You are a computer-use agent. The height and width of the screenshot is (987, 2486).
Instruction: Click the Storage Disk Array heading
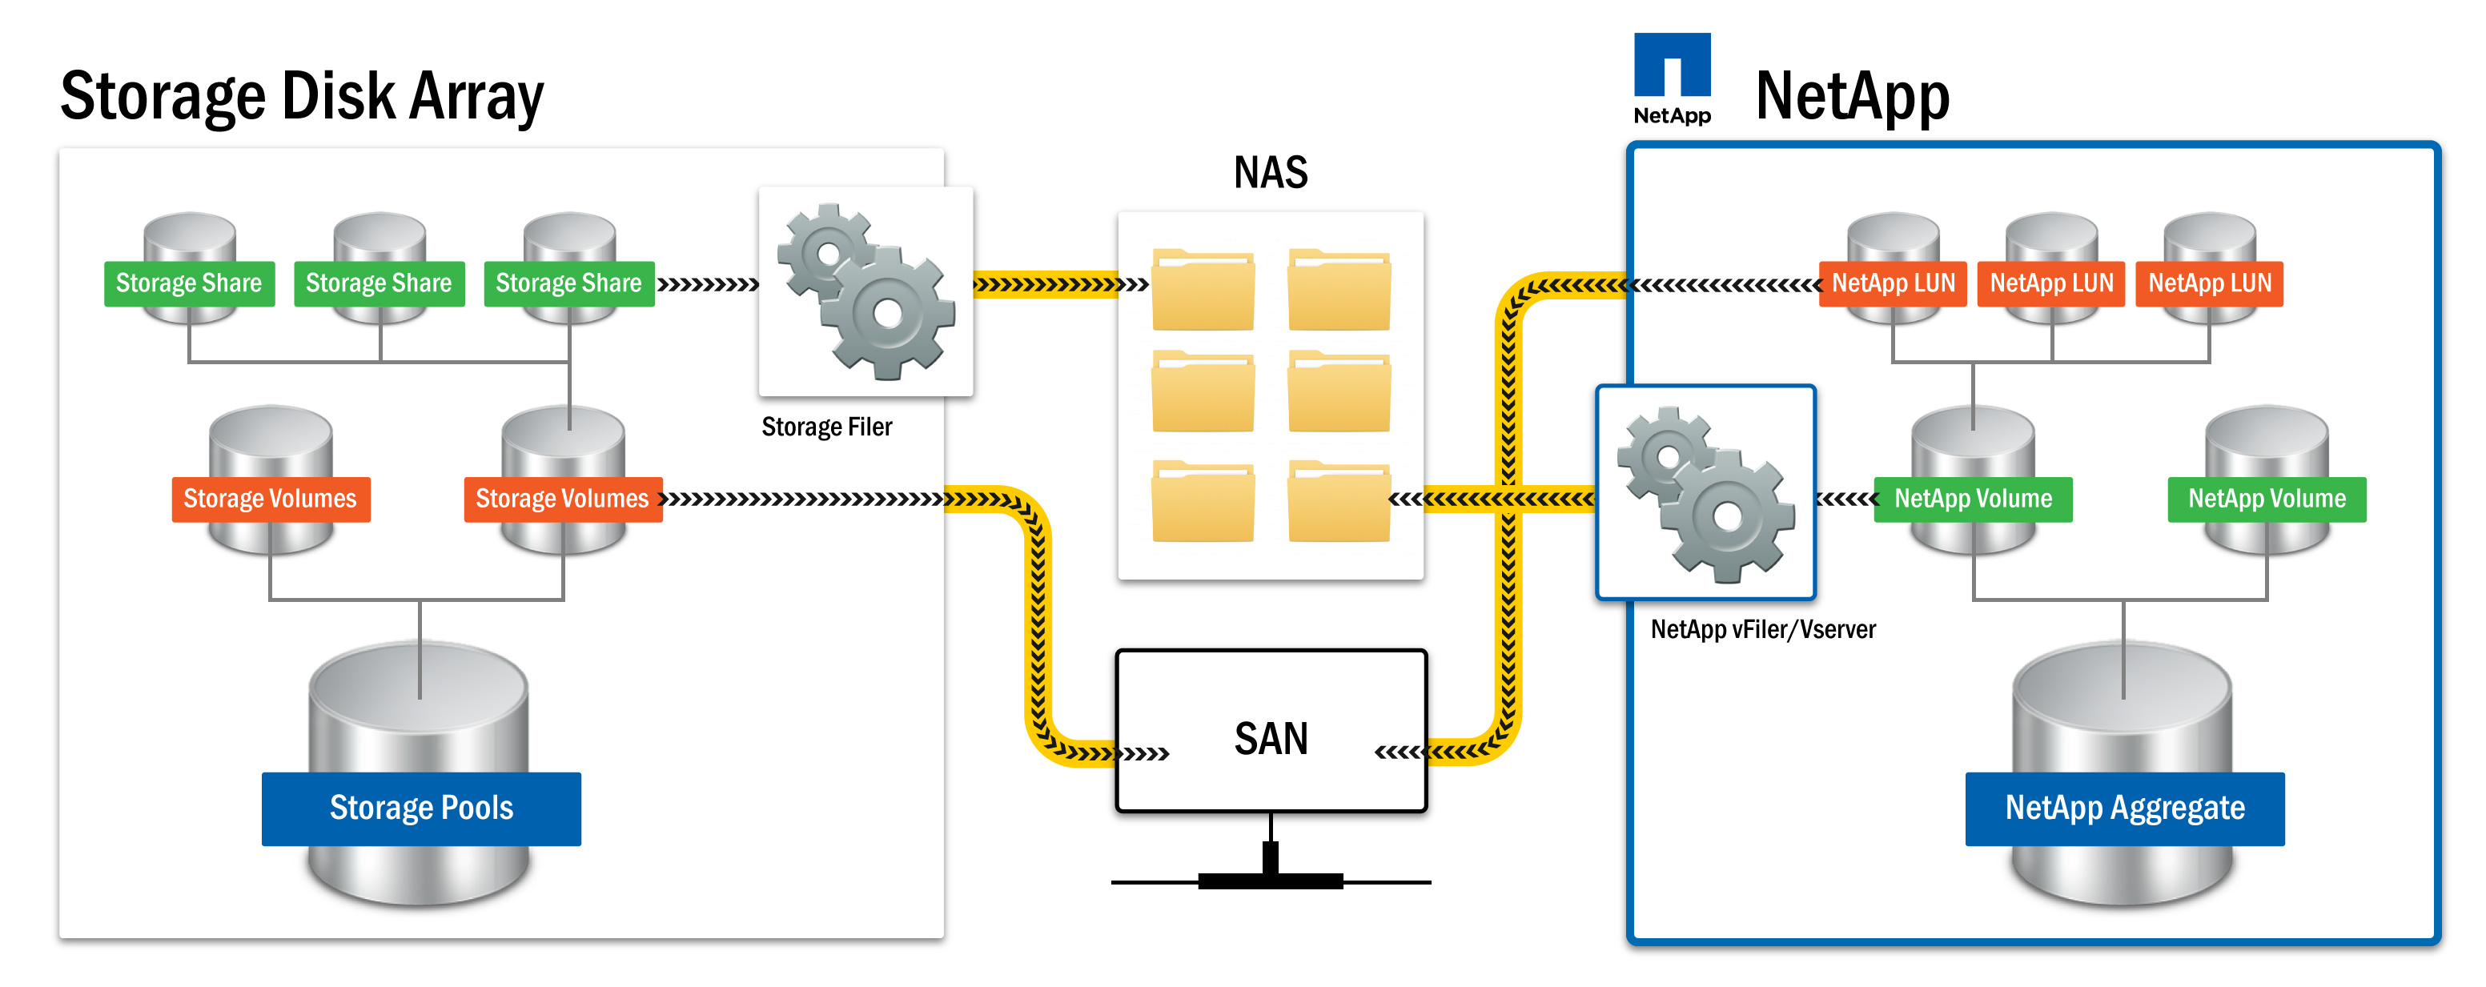click(x=301, y=97)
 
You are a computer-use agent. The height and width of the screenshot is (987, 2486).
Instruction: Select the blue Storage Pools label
click(x=421, y=808)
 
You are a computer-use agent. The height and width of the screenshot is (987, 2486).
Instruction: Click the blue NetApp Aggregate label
click(x=2124, y=808)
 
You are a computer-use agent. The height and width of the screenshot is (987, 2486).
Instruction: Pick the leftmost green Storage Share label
click(x=189, y=283)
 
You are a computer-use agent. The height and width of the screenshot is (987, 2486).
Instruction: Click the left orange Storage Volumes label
click(x=271, y=499)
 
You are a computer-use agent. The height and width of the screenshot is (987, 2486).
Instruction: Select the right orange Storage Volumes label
click(x=563, y=499)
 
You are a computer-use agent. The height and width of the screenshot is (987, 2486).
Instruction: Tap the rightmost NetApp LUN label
click(x=2209, y=283)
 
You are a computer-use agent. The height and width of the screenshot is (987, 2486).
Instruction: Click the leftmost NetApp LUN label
click(x=1893, y=283)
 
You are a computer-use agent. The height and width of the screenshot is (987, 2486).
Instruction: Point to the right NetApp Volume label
click(x=2266, y=499)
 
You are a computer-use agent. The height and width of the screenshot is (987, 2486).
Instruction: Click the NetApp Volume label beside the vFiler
click(x=1973, y=499)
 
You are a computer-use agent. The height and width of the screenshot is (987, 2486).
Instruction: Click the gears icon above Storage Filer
click(x=865, y=291)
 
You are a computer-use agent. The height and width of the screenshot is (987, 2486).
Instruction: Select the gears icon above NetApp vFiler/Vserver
click(x=1705, y=493)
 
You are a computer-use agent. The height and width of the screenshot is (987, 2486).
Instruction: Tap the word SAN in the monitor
click(x=1271, y=739)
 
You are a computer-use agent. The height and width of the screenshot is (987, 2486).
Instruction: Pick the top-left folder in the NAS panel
click(x=1203, y=291)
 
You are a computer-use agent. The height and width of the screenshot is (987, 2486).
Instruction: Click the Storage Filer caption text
click(x=826, y=427)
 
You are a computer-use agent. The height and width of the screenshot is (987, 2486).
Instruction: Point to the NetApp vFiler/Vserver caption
click(x=1762, y=630)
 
